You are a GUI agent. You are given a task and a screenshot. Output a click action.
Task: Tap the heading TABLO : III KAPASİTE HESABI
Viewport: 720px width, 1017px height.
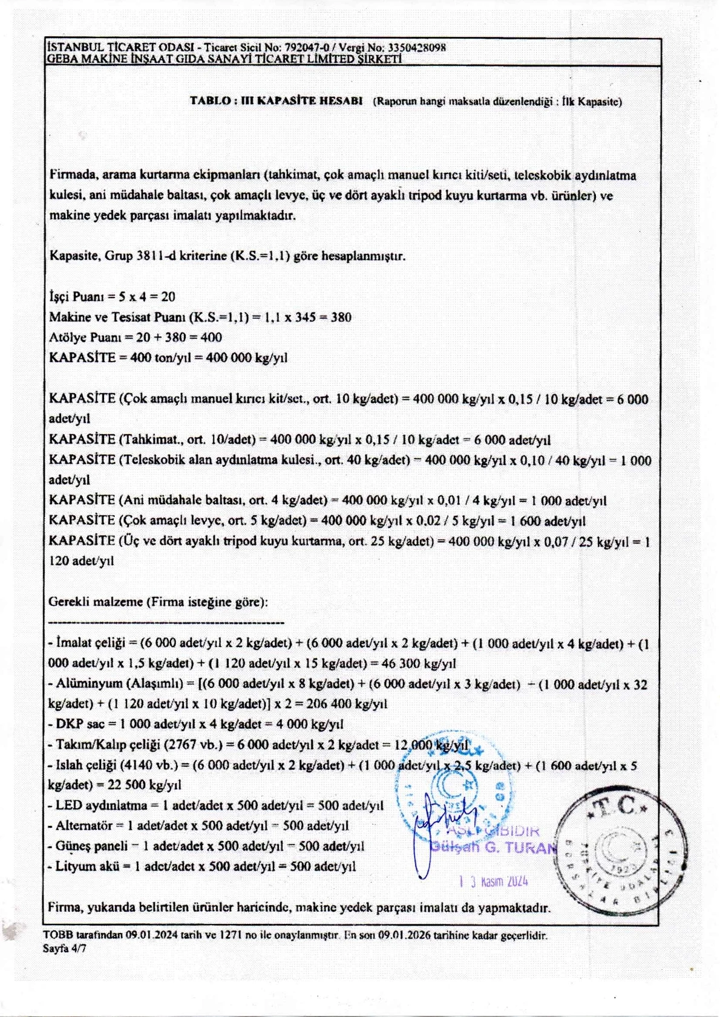276,100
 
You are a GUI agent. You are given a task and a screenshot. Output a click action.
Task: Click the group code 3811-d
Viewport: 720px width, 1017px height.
157,256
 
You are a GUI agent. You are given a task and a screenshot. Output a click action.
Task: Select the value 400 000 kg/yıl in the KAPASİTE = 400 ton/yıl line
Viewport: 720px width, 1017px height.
246,358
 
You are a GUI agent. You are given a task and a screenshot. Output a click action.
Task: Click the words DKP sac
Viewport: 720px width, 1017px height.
80,724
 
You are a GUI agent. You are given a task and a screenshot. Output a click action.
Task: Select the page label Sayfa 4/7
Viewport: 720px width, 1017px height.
64,948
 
